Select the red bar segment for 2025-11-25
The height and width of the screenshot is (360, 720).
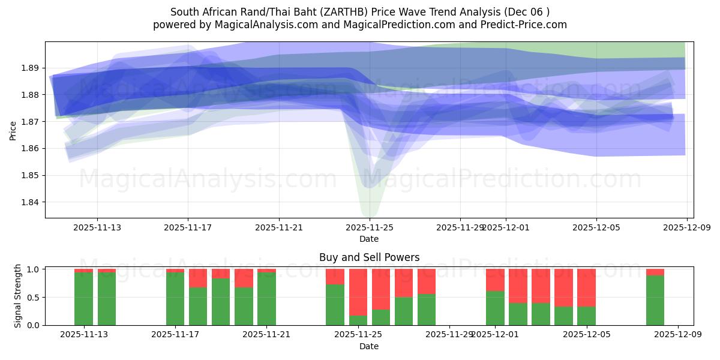pos(358,292)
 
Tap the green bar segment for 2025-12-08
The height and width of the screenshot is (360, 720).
pos(655,300)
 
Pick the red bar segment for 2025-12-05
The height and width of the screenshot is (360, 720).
pos(586,288)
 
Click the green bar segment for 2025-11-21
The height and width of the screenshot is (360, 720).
pos(266,299)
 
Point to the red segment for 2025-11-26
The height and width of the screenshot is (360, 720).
pos(381,289)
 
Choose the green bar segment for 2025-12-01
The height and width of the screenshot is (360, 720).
pos(495,308)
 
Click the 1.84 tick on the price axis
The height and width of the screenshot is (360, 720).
pos(31,202)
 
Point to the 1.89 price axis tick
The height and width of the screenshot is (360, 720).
pos(31,68)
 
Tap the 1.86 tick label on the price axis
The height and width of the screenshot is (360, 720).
pos(31,149)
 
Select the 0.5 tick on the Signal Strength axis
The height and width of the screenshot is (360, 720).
pos(34,298)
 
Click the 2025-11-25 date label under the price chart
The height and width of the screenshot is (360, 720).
pos(370,227)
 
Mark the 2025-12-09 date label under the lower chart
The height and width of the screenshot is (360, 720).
pos(678,335)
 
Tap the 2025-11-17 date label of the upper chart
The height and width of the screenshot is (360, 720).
pos(188,227)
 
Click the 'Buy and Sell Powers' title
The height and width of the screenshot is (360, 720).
pos(369,257)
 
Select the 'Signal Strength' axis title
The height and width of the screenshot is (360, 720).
pos(18,296)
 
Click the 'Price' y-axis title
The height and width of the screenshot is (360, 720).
pos(13,130)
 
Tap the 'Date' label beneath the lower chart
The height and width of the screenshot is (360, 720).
pos(369,346)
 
